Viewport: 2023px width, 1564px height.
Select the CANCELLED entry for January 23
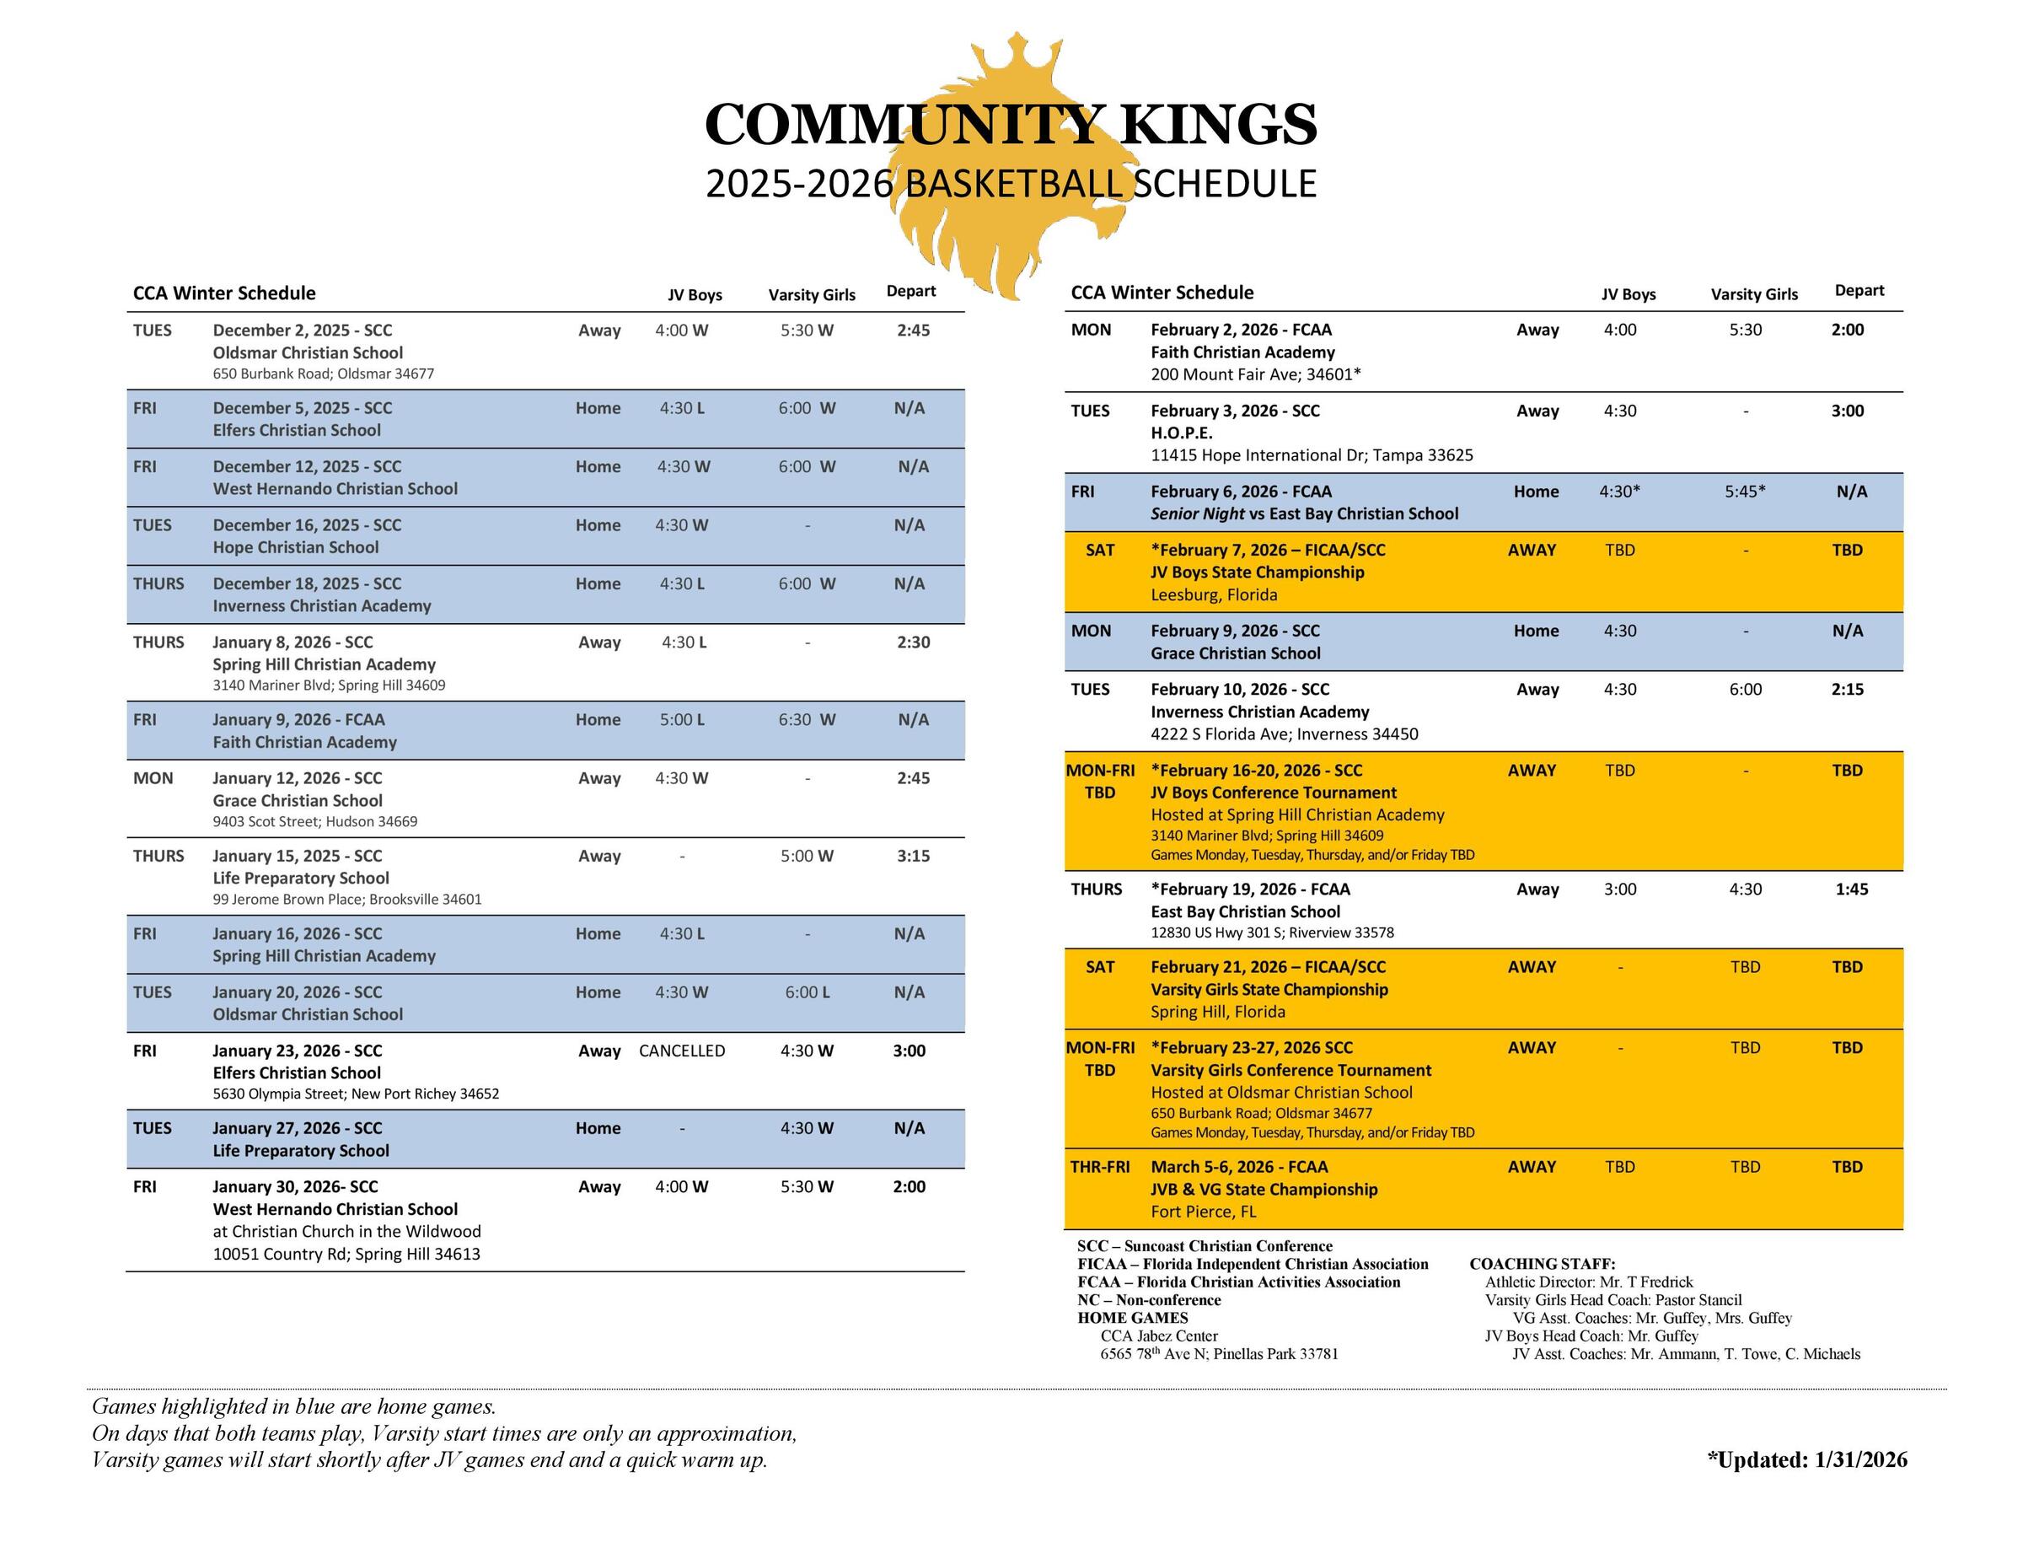point(682,1051)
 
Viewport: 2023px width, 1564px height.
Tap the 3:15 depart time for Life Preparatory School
point(912,856)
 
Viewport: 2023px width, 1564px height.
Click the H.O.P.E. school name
point(1181,433)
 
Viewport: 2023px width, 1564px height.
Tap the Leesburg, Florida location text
point(1214,595)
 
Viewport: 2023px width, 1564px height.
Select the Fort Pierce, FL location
point(1203,1212)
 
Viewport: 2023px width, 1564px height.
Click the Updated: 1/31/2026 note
point(1806,1460)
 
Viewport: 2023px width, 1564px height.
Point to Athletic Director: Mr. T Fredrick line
point(1588,1282)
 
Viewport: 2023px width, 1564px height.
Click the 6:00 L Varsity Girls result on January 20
point(807,992)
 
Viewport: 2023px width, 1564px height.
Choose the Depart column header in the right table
point(1859,291)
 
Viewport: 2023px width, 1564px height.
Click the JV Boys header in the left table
point(695,294)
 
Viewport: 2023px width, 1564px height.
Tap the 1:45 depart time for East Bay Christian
point(1851,889)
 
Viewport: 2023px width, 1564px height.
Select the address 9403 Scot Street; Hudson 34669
point(315,822)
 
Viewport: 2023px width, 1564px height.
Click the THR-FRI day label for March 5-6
point(1099,1168)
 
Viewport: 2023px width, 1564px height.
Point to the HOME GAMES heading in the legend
point(1132,1319)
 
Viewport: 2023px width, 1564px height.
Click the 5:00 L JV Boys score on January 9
point(682,720)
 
